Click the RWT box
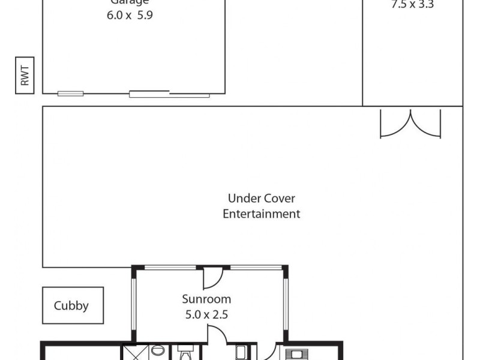pyautogui.click(x=25, y=76)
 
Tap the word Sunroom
pyautogui.click(x=206, y=298)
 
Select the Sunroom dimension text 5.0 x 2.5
pyautogui.click(x=206, y=313)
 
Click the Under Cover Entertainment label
pyautogui.click(x=262, y=206)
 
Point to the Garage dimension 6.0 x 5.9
pyautogui.click(x=130, y=16)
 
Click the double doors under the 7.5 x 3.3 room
pyautogui.click(x=410, y=123)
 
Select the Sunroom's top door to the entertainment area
pyautogui.click(x=212, y=276)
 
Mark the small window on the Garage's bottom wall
pyautogui.click(x=70, y=93)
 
